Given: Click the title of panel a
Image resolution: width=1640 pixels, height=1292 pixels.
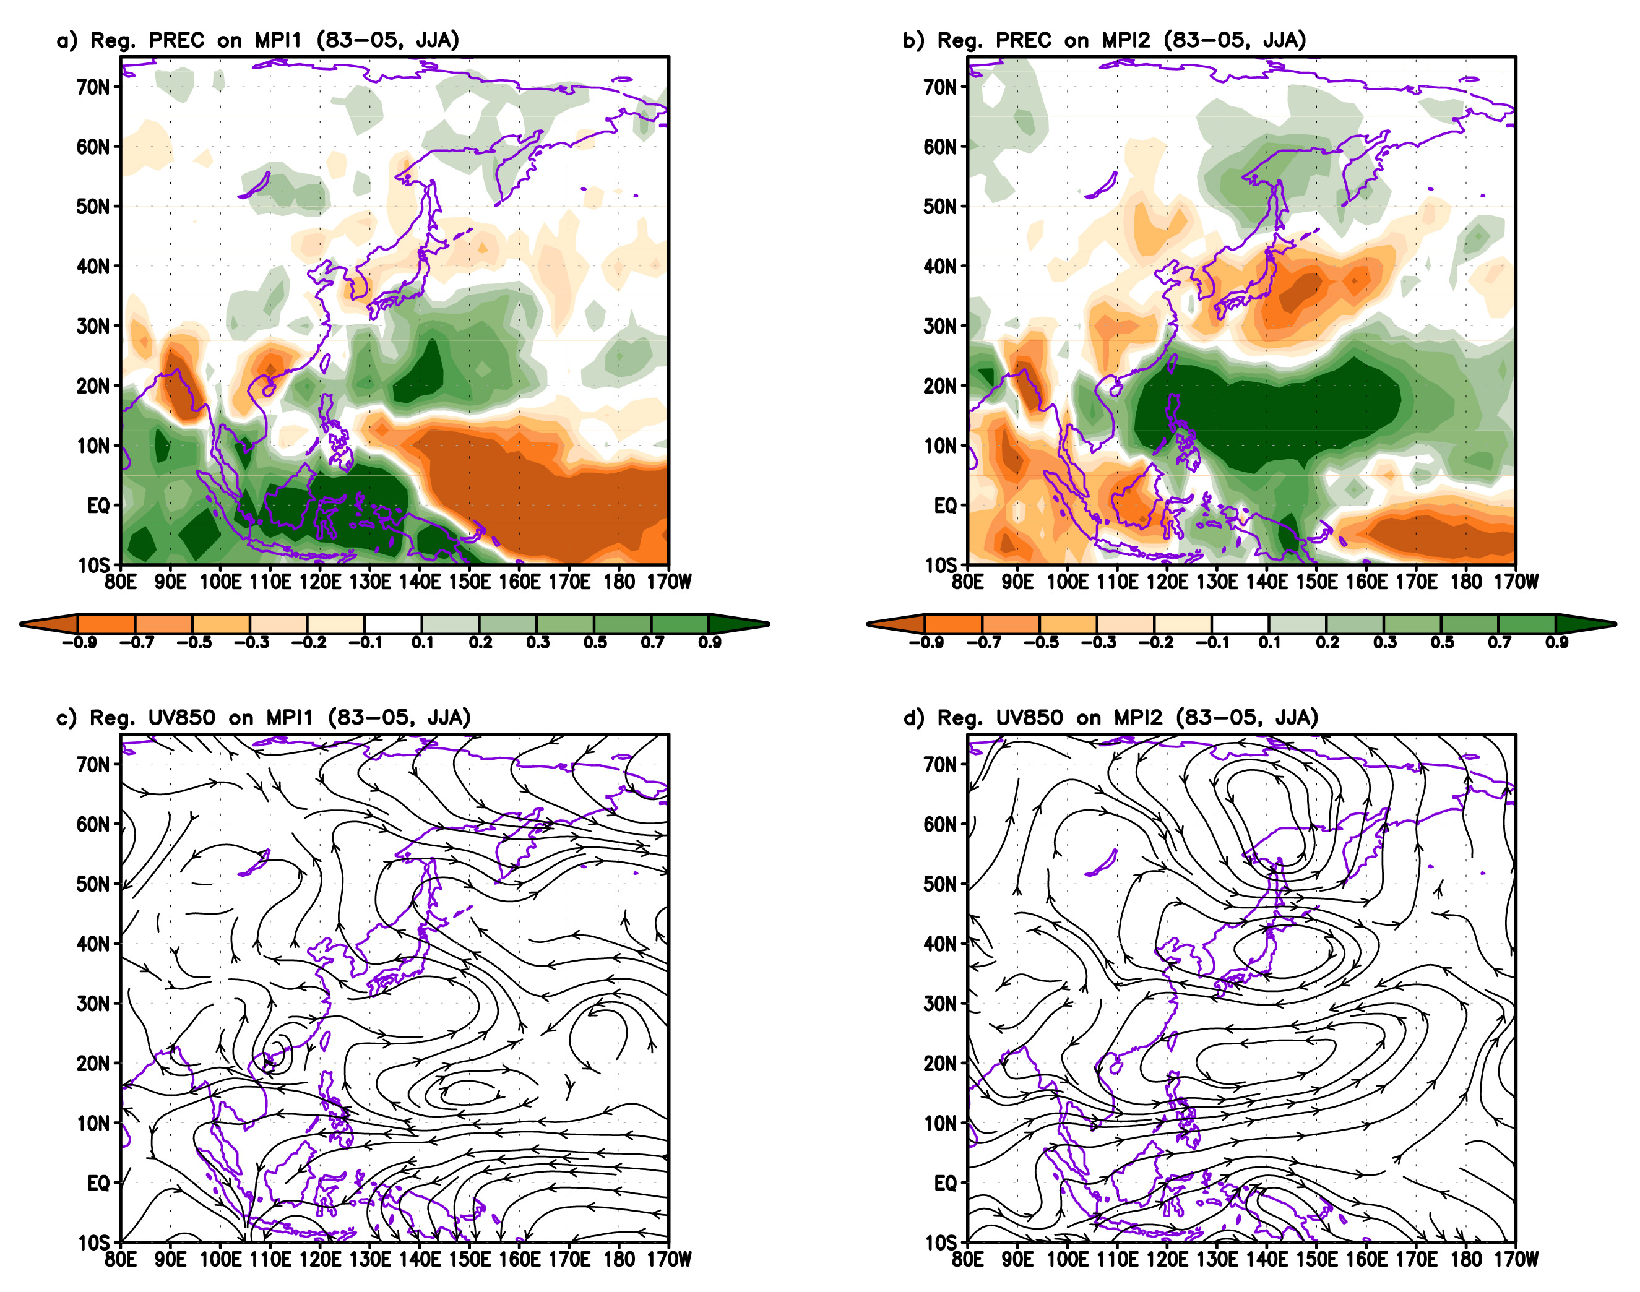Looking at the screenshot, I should pyautogui.click(x=258, y=40).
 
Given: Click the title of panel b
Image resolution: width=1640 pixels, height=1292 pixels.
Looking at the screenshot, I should pyautogui.click(x=1105, y=40).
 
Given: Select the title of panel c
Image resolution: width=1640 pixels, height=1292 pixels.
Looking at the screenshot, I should pyautogui.click(x=263, y=717).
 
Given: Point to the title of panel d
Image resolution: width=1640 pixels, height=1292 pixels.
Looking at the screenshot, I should pyautogui.click(x=1110, y=717).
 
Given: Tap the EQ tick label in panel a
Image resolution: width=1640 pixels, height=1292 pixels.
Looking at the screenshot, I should pyautogui.click(x=98, y=506).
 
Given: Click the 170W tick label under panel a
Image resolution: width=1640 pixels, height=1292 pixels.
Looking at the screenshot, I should pyautogui.click(x=669, y=582).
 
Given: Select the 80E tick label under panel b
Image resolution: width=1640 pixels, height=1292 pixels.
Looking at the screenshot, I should pyautogui.click(x=967, y=582).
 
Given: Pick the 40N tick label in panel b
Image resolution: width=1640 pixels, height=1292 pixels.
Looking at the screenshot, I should pyautogui.click(x=939, y=266).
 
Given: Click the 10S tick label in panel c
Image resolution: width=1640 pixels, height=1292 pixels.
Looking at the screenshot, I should pyautogui.click(x=94, y=1243).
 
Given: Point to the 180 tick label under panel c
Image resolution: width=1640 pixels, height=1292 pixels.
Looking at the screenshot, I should pyautogui.click(x=619, y=1259).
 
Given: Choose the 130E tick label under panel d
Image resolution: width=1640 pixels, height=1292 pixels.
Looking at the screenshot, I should pyautogui.click(x=1216, y=1259).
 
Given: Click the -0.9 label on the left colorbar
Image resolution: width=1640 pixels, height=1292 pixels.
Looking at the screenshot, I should pyautogui.click(x=79, y=643).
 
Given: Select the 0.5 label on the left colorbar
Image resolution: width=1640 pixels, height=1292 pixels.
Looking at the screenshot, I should pyautogui.click(x=595, y=643).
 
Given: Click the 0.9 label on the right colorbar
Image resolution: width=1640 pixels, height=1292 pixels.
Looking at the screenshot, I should pyautogui.click(x=1556, y=643).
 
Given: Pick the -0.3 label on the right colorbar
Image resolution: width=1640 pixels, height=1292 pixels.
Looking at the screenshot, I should pyautogui.click(x=1098, y=643).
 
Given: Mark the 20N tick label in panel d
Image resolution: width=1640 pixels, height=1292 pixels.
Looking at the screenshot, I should pyautogui.click(x=939, y=1064).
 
